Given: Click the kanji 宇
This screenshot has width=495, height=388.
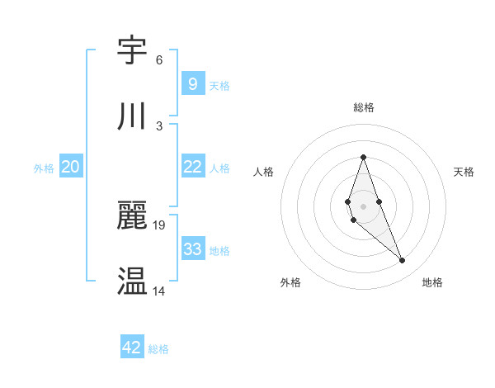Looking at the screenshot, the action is [133, 51].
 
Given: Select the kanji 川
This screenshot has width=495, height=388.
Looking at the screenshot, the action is [133, 116].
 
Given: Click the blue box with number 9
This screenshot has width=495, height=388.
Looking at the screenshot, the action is [192, 83].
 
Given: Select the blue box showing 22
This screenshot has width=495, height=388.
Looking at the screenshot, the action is [192, 167].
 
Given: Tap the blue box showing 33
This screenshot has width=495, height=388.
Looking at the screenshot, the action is [192, 249].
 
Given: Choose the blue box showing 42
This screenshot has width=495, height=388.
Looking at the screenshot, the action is [132, 348].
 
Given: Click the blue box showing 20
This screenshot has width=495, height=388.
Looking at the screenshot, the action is [70, 167].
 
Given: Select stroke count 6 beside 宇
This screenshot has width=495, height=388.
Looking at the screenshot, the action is [159, 59].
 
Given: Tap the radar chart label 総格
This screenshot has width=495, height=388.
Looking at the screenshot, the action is [363, 107].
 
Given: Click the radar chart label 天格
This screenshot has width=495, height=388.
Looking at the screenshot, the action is [464, 172].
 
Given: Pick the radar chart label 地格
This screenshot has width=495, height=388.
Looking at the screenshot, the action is [432, 282].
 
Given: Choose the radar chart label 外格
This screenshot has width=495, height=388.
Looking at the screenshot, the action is [290, 282].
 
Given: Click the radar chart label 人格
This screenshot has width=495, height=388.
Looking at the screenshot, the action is [263, 172].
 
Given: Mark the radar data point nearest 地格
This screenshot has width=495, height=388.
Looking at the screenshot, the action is [403, 261].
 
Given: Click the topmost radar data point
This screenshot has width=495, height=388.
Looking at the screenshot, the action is [363, 157].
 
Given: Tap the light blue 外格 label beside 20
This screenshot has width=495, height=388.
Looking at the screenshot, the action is [44, 168].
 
